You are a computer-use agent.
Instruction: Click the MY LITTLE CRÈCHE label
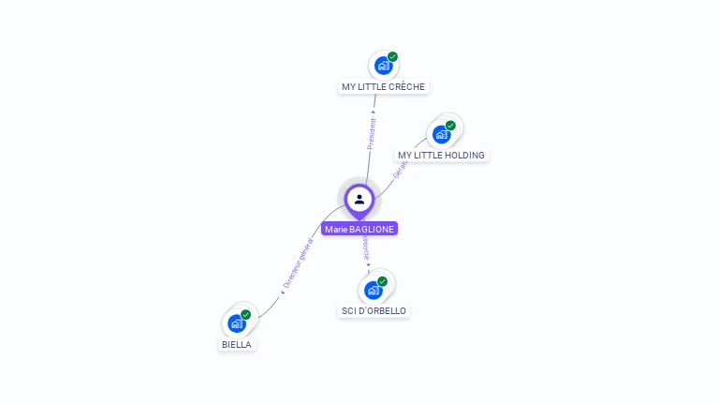pyautogui.click(x=383, y=86)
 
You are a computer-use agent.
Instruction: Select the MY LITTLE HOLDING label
pyautogui.click(x=442, y=155)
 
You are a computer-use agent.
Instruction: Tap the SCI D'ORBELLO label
pyautogui.click(x=374, y=310)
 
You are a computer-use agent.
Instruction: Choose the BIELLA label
pyautogui.click(x=237, y=344)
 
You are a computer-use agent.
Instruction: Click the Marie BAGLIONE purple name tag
pyautogui.click(x=359, y=229)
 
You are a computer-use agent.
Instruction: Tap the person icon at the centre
pyautogui.click(x=359, y=199)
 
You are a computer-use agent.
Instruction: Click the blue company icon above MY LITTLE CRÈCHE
pyautogui.click(x=383, y=66)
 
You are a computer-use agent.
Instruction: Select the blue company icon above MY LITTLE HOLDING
pyautogui.click(x=441, y=134)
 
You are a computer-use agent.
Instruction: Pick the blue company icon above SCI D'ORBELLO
pyautogui.click(x=373, y=290)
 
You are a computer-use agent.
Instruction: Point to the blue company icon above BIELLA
pyautogui.click(x=237, y=323)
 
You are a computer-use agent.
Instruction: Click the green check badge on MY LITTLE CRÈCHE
pyautogui.click(x=393, y=57)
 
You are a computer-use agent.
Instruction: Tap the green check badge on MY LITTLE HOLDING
pyautogui.click(x=450, y=126)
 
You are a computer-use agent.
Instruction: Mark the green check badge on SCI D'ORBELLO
pyautogui.click(x=382, y=281)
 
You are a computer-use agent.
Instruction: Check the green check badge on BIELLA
pyautogui.click(x=246, y=315)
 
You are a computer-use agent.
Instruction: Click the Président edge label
pyautogui.click(x=372, y=132)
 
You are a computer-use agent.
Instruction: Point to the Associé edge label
pyautogui.click(x=366, y=247)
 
